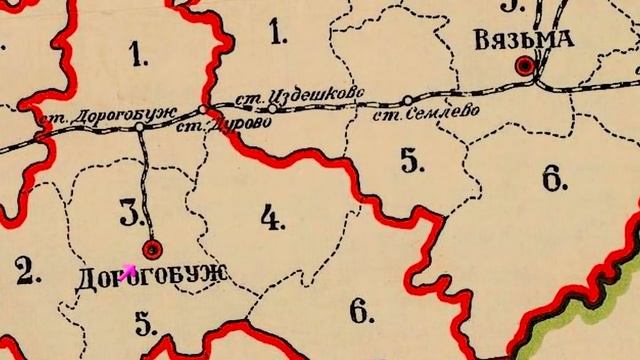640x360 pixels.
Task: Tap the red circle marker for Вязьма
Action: click(x=523, y=66)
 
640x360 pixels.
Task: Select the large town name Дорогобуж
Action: click(x=152, y=274)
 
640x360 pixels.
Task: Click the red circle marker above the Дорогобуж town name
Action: click(x=153, y=248)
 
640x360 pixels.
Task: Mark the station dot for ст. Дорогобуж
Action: click(x=139, y=126)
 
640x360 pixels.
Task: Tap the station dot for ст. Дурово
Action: click(x=203, y=109)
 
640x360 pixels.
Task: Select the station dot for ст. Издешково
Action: click(x=271, y=107)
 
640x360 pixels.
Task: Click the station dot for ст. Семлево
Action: click(x=408, y=99)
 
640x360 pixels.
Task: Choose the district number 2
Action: click(x=26, y=271)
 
